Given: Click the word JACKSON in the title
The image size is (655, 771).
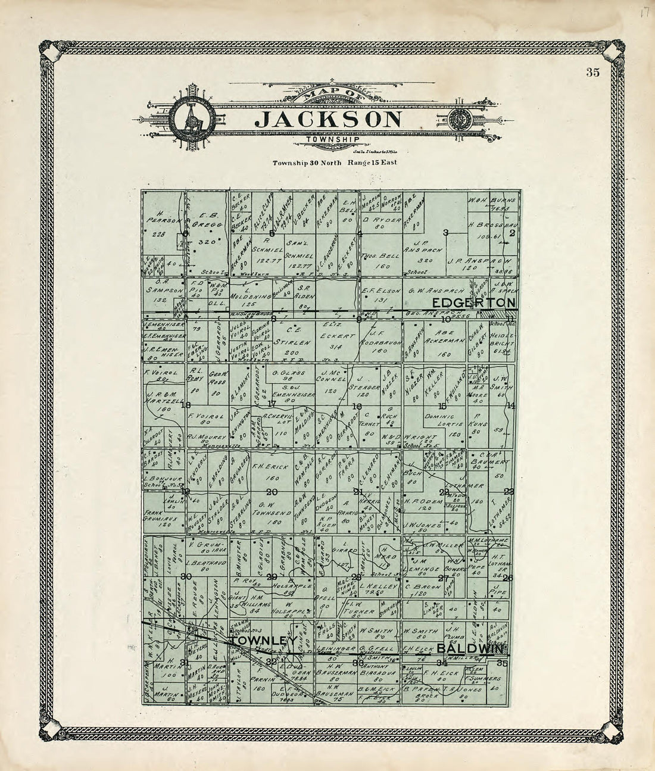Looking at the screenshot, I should click(328, 119).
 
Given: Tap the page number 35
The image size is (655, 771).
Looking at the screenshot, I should click(592, 73).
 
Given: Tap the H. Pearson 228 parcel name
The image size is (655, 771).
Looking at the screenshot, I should click(160, 223).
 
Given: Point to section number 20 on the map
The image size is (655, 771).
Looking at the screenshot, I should click(273, 492).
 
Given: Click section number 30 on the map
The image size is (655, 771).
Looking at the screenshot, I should click(186, 576).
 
